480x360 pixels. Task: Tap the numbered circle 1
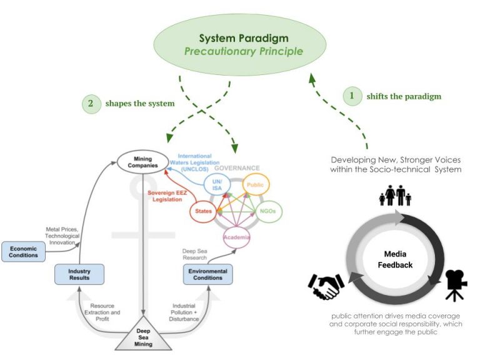point(352,96)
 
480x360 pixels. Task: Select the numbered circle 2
point(91,104)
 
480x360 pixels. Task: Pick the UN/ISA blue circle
point(217,184)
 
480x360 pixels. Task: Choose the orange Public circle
point(256,184)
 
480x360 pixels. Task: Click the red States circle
point(202,212)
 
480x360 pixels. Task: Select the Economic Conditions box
point(23,251)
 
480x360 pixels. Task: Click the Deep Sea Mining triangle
point(143,336)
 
